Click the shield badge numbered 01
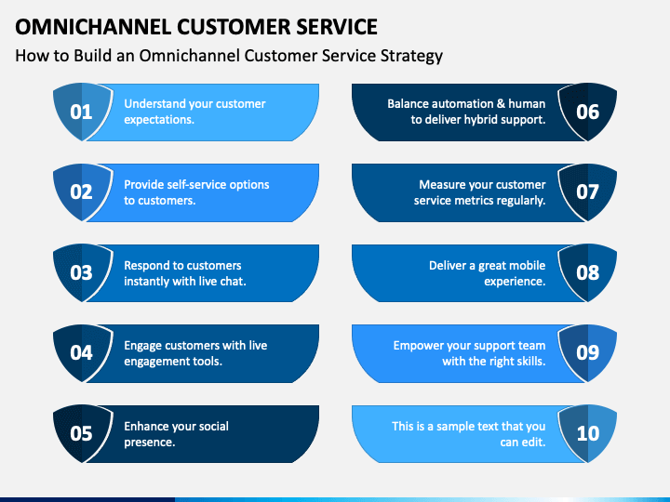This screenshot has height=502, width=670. pyautogui.click(x=82, y=112)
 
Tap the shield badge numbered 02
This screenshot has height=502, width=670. pyautogui.click(x=82, y=192)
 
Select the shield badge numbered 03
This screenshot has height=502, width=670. pyautogui.click(x=82, y=273)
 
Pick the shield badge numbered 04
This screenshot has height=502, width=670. pyautogui.click(x=82, y=353)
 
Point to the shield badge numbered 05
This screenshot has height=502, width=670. pyautogui.click(x=82, y=434)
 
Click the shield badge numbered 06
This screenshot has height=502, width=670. pyautogui.click(x=587, y=112)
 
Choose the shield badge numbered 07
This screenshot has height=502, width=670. pyautogui.click(x=587, y=192)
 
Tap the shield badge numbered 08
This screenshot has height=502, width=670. pyautogui.click(x=587, y=273)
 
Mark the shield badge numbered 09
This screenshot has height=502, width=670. pyautogui.click(x=587, y=353)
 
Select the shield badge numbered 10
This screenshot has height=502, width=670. pyautogui.click(x=587, y=434)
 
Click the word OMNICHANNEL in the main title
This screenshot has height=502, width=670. pyautogui.click(x=93, y=27)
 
